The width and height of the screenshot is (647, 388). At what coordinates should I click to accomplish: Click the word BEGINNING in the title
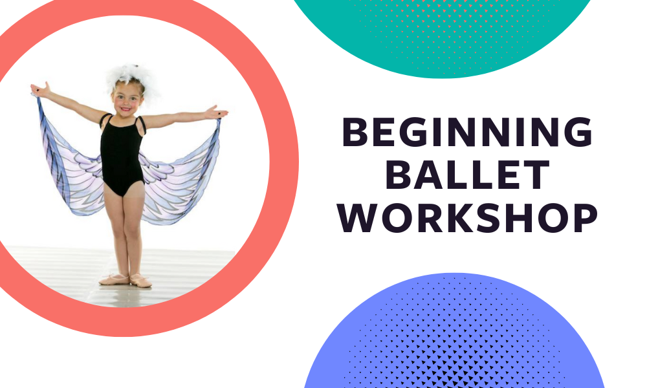468,132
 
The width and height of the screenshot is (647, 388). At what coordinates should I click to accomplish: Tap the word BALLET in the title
468,175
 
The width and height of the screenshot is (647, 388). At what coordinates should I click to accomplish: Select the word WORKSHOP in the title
468,218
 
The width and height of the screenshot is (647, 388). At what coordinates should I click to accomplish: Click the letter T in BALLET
537,175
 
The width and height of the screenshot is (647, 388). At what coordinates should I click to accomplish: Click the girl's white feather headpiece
131,78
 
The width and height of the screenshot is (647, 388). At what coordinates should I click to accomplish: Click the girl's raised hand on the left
40,89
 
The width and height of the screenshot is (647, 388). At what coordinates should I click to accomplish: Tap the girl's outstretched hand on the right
217,112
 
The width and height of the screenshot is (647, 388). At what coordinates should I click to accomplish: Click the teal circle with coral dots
444,37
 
